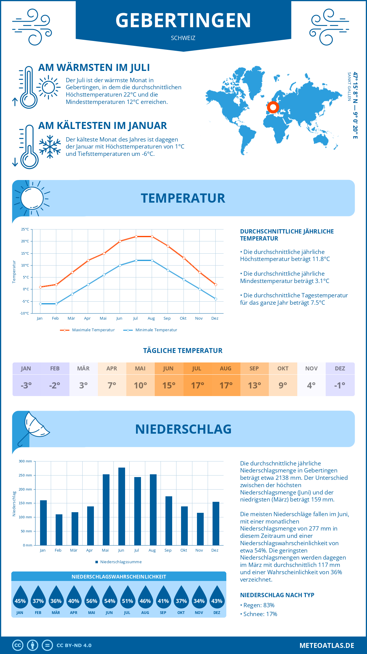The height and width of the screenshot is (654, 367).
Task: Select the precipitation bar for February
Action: point(59,530)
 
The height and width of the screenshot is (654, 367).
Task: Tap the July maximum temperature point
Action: point(136,237)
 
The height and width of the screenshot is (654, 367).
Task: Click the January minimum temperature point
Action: point(40,304)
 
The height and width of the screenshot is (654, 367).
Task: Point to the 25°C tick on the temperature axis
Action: point(25,229)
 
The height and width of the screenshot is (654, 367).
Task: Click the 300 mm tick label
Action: point(25,461)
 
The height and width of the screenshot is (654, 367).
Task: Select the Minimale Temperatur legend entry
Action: point(150,330)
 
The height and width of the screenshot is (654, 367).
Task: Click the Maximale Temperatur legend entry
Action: point(87,330)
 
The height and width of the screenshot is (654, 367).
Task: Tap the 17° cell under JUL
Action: point(197,385)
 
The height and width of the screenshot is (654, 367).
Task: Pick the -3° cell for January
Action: point(26,385)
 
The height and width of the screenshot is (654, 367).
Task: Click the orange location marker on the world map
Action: point(273,107)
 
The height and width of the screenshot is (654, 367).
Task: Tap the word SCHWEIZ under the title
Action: point(183,38)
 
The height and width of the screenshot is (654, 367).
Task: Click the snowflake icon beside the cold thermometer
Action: point(50,147)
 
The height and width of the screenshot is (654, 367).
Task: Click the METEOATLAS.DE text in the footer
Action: point(327,645)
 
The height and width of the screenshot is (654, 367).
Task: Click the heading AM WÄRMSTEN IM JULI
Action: point(94,68)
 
